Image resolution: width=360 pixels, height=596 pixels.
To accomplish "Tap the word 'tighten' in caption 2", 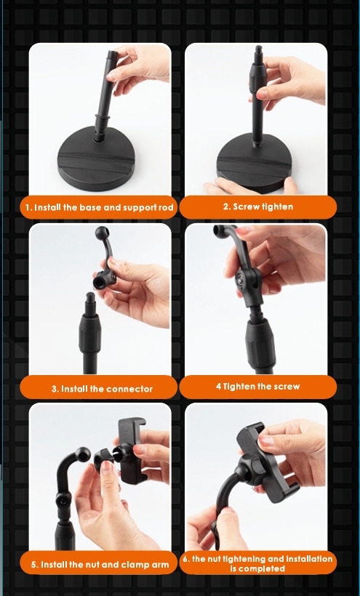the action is click(277, 206).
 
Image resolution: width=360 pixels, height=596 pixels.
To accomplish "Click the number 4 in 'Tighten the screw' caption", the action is click(218, 387).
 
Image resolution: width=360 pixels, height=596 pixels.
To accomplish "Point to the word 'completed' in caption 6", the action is click(257, 568).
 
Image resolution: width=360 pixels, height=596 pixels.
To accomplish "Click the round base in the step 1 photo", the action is click(95, 160).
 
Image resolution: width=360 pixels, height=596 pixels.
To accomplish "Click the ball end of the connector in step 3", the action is click(102, 233).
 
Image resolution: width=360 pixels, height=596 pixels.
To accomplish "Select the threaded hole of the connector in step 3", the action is click(100, 281).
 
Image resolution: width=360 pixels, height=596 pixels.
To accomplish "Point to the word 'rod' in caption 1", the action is click(166, 208).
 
